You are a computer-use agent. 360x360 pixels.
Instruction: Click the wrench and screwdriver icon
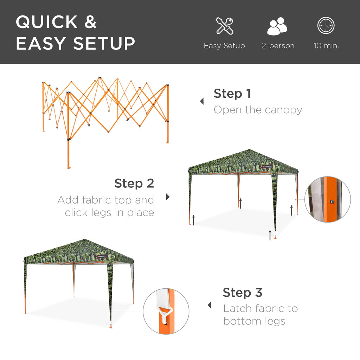point(224,26)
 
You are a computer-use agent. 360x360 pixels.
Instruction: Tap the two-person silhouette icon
point(277,26)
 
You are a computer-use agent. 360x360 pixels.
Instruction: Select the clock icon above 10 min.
point(326,26)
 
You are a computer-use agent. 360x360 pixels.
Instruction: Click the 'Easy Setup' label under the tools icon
point(224,46)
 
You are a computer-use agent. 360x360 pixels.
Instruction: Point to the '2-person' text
point(278,46)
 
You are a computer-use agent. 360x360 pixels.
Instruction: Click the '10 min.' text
point(326,46)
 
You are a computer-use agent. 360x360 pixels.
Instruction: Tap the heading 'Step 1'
point(232,94)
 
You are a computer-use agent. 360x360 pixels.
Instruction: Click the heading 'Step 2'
point(134,183)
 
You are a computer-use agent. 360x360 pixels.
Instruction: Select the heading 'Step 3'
point(243,292)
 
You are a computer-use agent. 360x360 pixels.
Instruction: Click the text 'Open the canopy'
point(258,110)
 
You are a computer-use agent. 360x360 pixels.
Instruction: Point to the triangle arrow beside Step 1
point(202,101)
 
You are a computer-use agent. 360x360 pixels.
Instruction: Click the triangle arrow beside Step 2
point(168,197)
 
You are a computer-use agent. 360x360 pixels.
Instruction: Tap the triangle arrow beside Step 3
point(210,305)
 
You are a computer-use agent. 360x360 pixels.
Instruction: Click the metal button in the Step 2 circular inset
point(332,201)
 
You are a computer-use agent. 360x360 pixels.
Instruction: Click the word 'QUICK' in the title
point(47,22)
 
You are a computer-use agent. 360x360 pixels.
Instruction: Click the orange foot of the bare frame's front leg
point(69,167)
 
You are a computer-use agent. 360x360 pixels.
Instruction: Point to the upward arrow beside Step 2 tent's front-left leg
point(193,220)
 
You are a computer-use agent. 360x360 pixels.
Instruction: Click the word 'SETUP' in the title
point(104,44)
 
